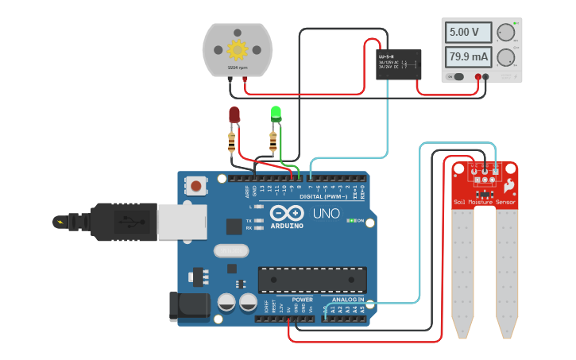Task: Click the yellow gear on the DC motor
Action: pos(237,50)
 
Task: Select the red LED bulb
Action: pos(234,115)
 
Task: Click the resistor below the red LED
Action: pos(232,142)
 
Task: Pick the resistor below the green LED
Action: pos(273,142)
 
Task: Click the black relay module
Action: pos(398,64)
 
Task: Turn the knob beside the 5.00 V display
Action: pos(505,33)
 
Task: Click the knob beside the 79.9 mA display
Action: pos(505,57)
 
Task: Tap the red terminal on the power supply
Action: pos(478,77)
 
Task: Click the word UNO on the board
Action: pos(323,214)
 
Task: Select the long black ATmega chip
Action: pos(312,280)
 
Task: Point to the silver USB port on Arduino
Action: pos(181,222)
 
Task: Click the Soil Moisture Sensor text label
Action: pos(484,202)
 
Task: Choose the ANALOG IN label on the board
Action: pos(348,300)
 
